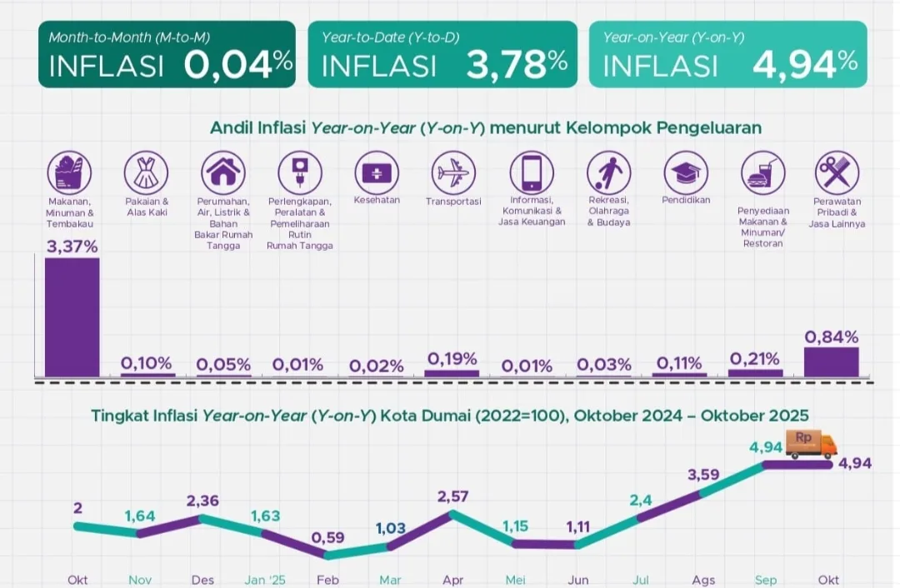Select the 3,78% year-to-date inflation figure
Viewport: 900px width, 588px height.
[517, 65]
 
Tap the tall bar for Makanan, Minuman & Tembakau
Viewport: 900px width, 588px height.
[72, 316]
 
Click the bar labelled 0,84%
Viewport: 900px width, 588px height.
[831, 362]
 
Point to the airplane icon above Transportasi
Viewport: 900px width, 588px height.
[454, 172]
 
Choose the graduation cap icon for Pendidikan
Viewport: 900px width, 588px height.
[686, 172]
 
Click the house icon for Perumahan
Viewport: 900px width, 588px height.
[222, 172]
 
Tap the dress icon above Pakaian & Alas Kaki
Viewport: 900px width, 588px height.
[146, 172]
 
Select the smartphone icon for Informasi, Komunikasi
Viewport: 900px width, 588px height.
[532, 172]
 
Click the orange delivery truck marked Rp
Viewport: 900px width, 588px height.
[811, 443]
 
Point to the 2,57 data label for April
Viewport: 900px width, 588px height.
[452, 497]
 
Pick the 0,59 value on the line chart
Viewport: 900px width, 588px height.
[327, 537]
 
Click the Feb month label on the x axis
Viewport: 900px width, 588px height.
[327, 579]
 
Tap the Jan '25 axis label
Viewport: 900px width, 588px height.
[265, 579]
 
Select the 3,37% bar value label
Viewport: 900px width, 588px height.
[72, 247]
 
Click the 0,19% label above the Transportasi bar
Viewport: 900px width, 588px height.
[452, 359]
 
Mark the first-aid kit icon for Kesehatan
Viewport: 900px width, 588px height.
[377, 172]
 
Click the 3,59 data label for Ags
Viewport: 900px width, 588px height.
[703, 475]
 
